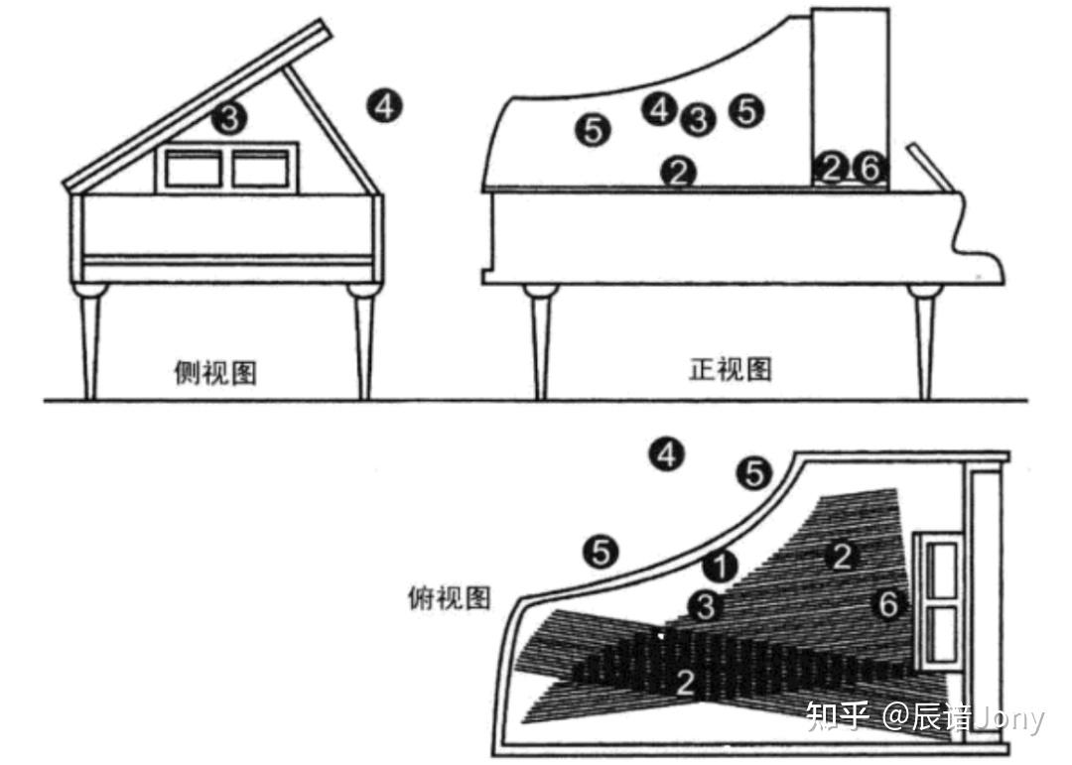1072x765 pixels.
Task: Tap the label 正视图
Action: coord(731,369)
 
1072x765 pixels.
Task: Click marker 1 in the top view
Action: coord(722,566)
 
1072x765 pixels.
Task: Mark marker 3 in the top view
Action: coord(704,605)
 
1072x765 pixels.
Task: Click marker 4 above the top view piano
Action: coord(666,454)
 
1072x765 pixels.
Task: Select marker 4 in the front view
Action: coord(659,108)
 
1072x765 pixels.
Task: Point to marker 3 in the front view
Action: coord(699,120)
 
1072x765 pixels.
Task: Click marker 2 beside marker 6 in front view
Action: coord(832,169)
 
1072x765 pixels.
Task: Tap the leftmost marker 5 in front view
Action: coord(593,129)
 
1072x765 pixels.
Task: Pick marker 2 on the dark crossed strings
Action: coord(685,682)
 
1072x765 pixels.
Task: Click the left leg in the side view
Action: coord(91,337)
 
